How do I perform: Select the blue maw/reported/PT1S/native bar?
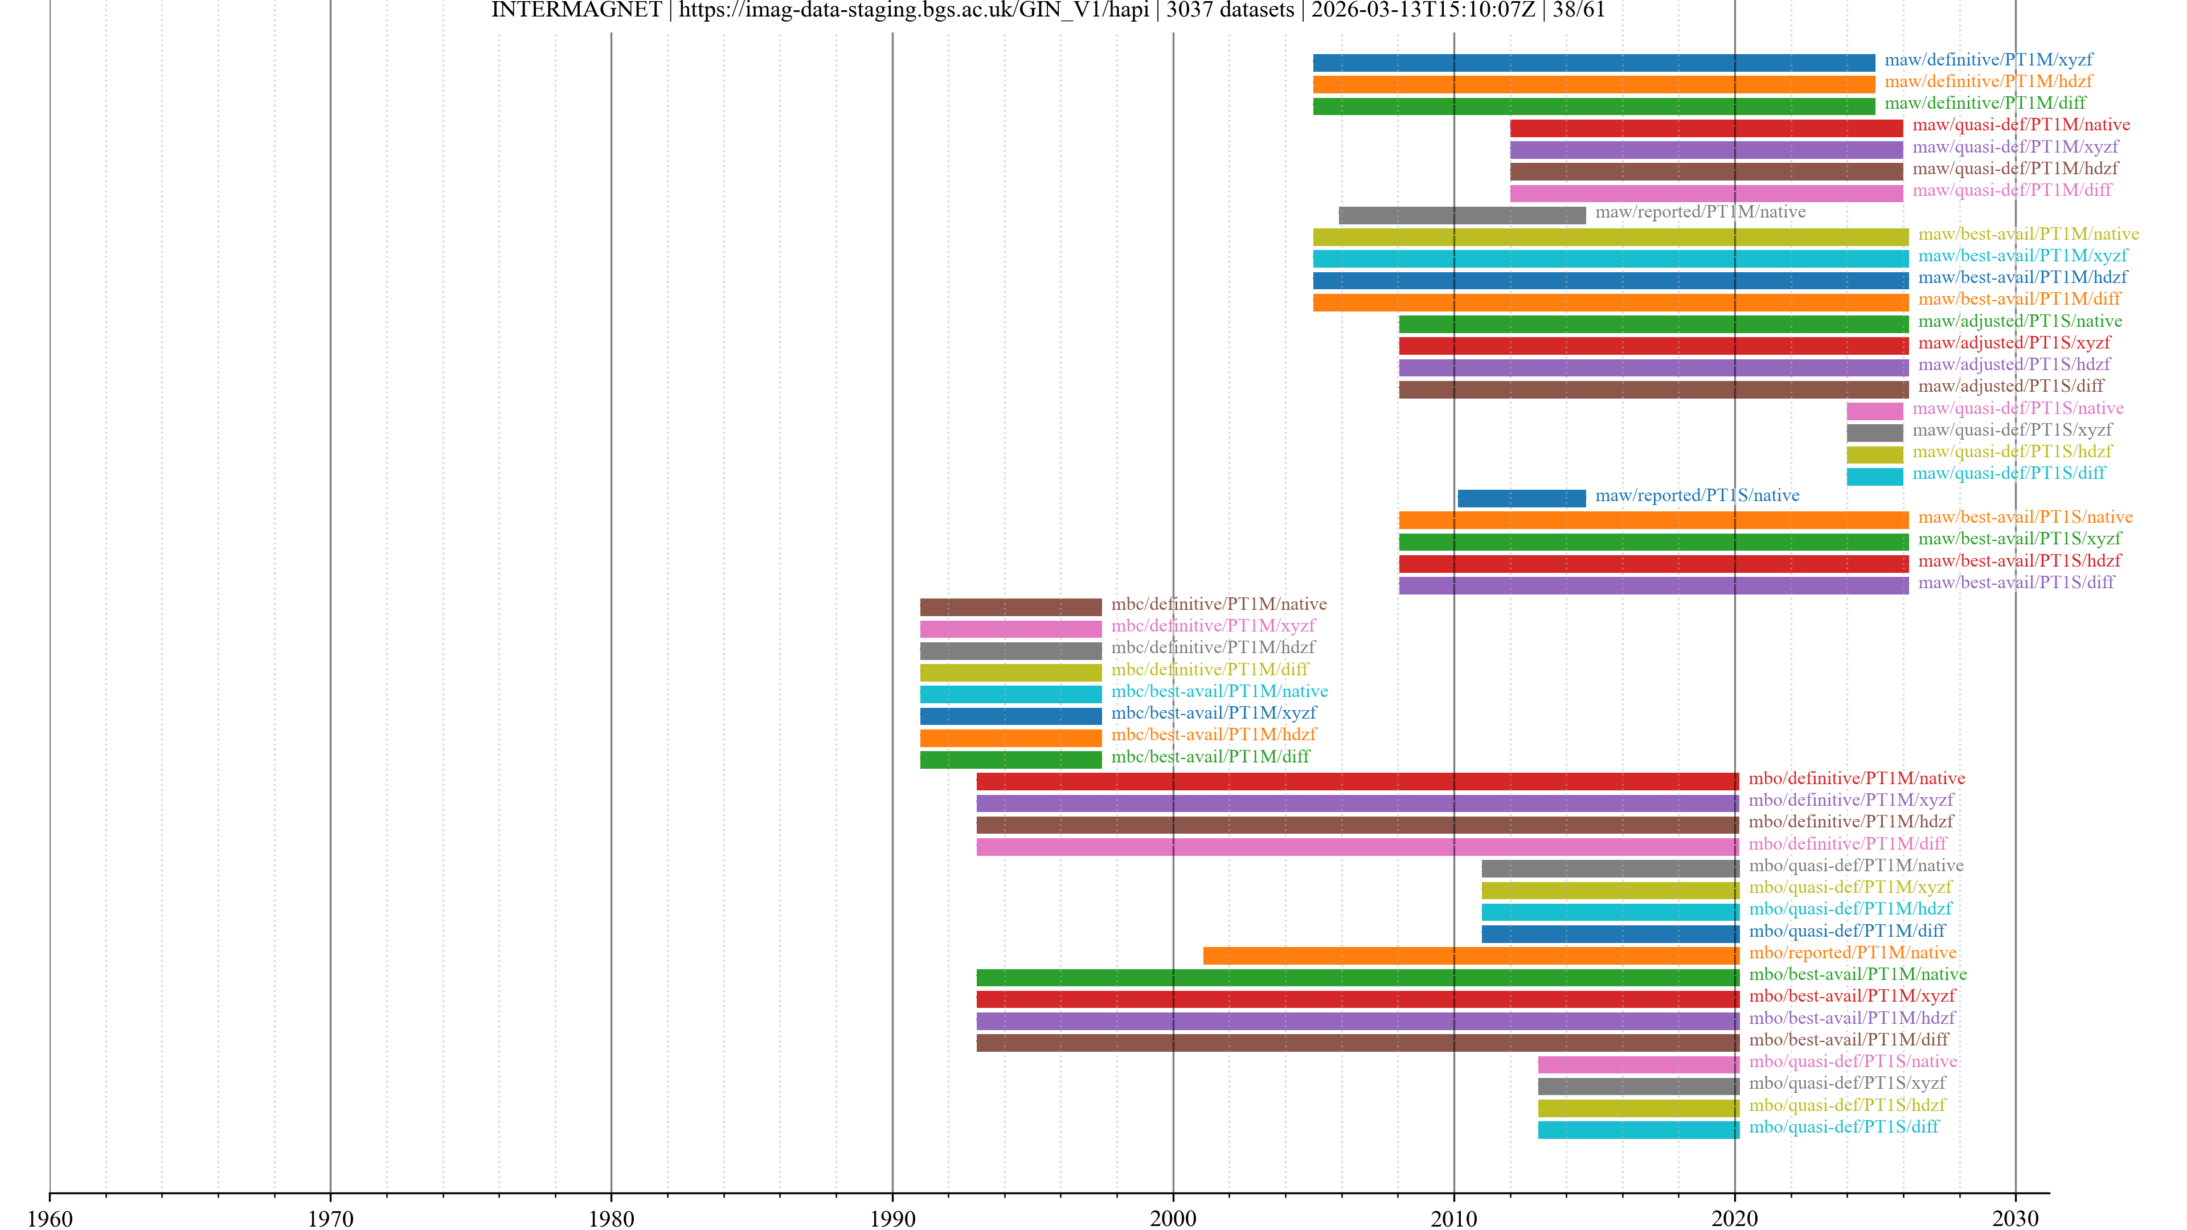1521,498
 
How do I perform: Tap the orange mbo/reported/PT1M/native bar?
1471,956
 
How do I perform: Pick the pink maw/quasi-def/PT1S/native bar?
1874,411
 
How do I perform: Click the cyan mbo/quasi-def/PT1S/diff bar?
1638,1130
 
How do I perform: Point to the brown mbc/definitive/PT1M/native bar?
1010,607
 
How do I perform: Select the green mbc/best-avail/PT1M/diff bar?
1010,760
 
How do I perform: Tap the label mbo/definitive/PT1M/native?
1856,778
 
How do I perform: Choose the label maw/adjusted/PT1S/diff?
2010,386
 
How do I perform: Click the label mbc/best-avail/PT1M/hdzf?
1213,734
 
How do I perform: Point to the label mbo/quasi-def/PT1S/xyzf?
1846,1083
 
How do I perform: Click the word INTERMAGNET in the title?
576,10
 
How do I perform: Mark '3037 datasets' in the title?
1230,10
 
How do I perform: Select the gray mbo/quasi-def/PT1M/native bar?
1609,868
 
